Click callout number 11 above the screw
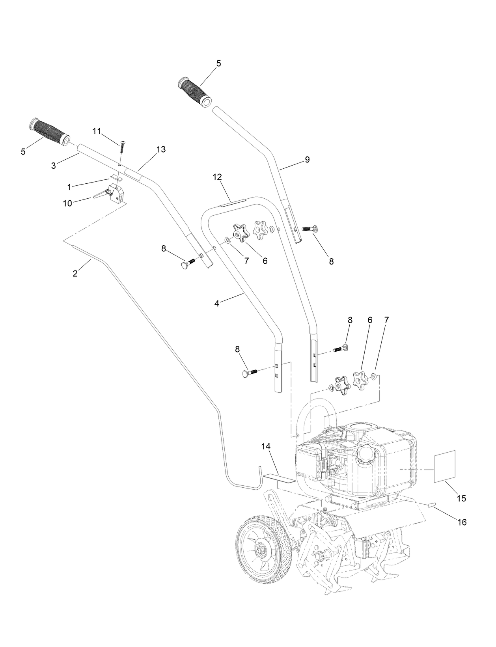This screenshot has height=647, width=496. (x=97, y=131)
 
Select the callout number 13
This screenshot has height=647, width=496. (x=161, y=149)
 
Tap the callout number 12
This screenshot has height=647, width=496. (x=218, y=177)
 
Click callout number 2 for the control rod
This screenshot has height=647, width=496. (x=75, y=273)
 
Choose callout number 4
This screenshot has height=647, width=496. (x=217, y=303)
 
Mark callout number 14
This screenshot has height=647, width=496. (x=266, y=446)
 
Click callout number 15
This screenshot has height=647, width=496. (x=461, y=498)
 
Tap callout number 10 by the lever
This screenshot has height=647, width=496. (x=67, y=203)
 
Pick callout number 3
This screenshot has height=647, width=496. (x=54, y=166)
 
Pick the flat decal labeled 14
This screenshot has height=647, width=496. (x=279, y=478)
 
